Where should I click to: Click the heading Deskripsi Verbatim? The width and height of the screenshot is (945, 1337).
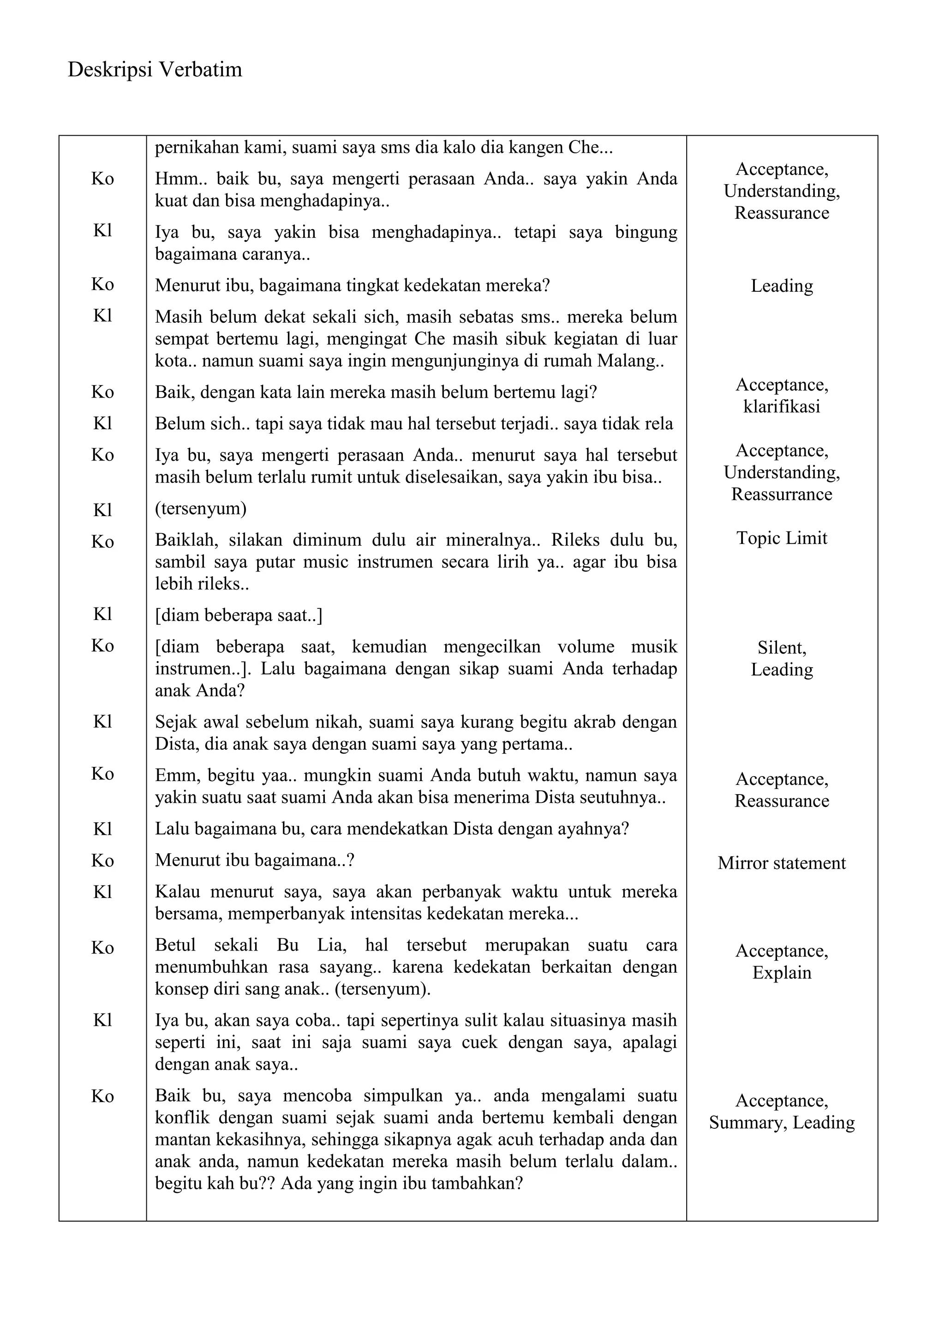pyautogui.click(x=155, y=70)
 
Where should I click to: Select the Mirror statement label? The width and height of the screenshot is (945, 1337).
pyautogui.click(x=782, y=862)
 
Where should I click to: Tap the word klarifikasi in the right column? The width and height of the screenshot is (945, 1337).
pyautogui.click(x=782, y=406)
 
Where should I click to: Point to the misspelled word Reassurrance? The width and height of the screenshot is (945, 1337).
pyautogui.click(x=782, y=494)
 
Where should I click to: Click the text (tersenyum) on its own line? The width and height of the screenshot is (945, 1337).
pyautogui.click(x=201, y=508)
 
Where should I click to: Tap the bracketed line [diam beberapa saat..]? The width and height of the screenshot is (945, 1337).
pyautogui.click(x=239, y=615)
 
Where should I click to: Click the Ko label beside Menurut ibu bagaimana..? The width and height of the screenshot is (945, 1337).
pyautogui.click(x=102, y=861)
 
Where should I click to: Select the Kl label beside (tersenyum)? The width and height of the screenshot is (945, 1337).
pyautogui.click(x=102, y=510)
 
